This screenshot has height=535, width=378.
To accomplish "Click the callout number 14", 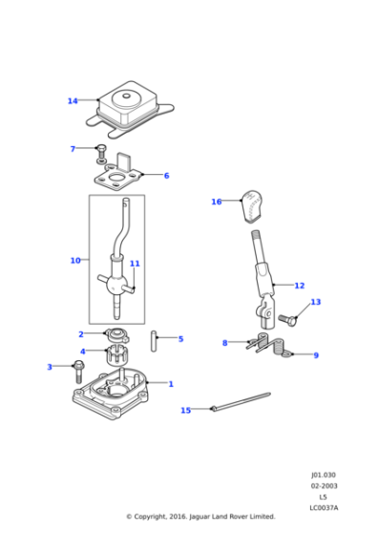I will pyautogui.click(x=73, y=100).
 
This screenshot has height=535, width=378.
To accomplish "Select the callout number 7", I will pyautogui.click(x=73, y=149).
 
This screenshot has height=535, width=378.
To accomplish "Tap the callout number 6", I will pyautogui.click(x=165, y=176).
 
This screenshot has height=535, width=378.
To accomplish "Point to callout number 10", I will pyautogui.click(x=75, y=260).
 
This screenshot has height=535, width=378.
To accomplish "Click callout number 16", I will pyautogui.click(x=217, y=202).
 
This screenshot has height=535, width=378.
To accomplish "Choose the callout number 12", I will pyautogui.click(x=300, y=285).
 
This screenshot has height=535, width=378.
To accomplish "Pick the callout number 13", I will pyautogui.click(x=315, y=302).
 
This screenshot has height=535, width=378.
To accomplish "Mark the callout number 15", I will pyautogui.click(x=186, y=410).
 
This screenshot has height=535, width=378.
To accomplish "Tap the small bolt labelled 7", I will pyautogui.click(x=99, y=151).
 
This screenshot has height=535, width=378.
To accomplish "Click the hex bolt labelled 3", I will pyautogui.click(x=77, y=368).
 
